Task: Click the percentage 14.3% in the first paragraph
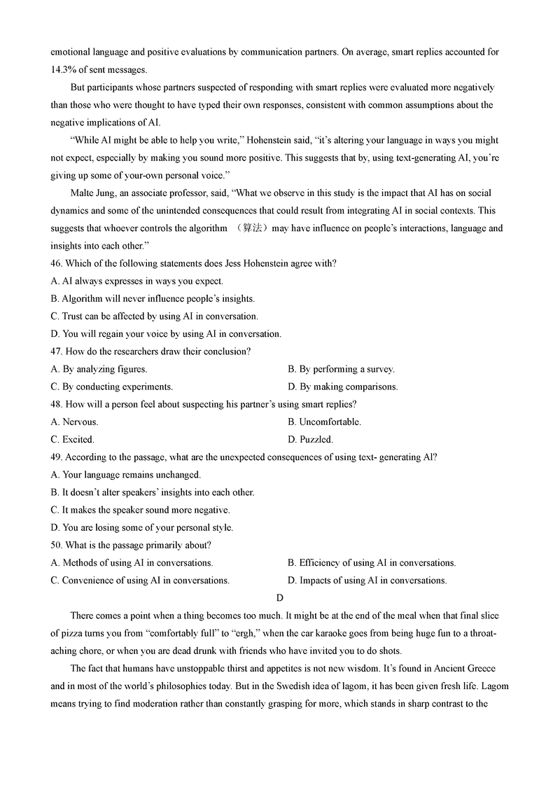(63, 69)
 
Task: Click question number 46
(57, 263)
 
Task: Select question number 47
(57, 351)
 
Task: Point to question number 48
(57, 404)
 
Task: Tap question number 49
(57, 457)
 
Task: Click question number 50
(57, 545)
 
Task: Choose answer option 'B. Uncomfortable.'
(324, 422)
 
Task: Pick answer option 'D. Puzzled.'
(310, 439)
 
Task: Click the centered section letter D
(280, 597)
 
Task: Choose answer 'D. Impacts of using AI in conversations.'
(367, 580)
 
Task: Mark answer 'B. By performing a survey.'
(341, 369)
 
